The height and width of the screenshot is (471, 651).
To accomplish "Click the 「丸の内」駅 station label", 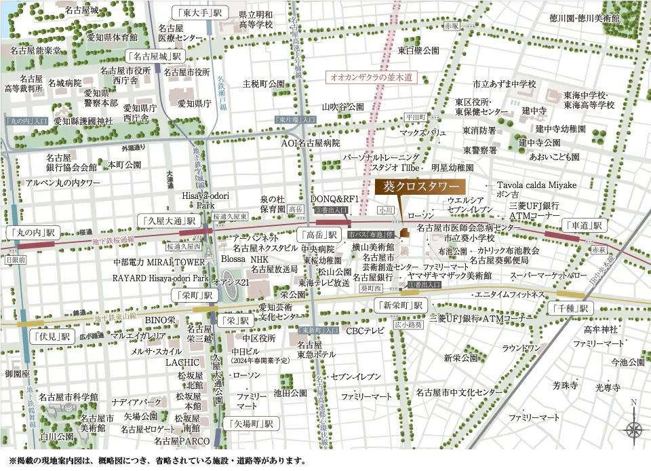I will click(31, 231).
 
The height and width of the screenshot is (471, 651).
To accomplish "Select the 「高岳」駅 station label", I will click(319, 235).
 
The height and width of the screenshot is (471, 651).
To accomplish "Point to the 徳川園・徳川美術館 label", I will click(584, 18).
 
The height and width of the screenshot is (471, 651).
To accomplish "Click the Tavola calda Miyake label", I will click(536, 185).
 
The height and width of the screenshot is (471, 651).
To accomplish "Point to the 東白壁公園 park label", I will click(418, 50).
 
